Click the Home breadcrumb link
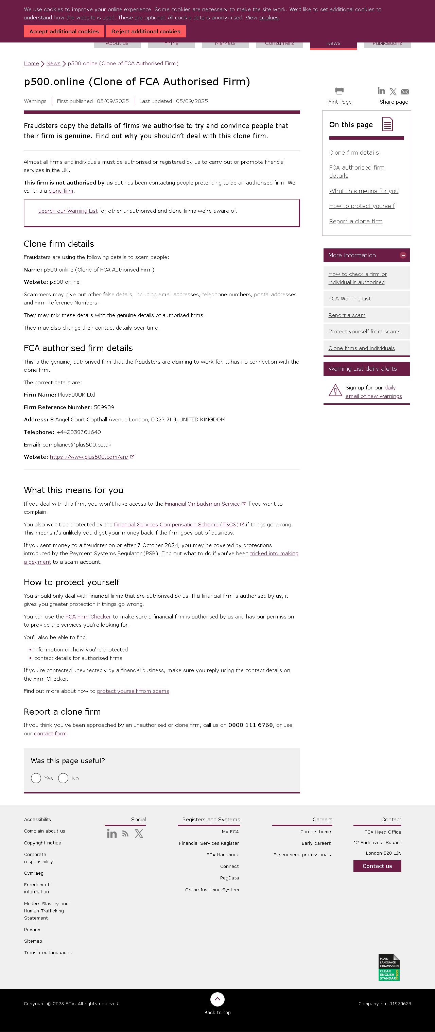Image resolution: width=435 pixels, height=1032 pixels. (31, 63)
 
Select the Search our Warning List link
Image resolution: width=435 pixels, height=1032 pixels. (68, 211)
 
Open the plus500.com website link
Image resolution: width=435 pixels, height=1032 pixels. (89, 457)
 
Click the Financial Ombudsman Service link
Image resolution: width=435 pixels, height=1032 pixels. (202, 504)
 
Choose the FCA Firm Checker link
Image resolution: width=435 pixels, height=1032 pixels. (88, 616)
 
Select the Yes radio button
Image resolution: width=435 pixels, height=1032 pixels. (36, 778)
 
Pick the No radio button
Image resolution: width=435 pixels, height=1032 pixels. (63, 778)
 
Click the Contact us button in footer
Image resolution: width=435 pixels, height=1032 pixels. (377, 866)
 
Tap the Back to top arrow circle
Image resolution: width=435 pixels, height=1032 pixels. (217, 999)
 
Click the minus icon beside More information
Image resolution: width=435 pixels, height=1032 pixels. (403, 255)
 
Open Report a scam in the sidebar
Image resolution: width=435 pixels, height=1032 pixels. (347, 315)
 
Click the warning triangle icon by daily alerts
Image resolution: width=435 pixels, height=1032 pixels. (335, 390)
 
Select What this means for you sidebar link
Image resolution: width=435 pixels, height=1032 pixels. (364, 191)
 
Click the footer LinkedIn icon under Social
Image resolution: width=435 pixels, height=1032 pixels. (112, 834)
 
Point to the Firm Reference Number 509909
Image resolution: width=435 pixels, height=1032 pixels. (104, 407)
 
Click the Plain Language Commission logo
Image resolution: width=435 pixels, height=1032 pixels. (389, 967)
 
